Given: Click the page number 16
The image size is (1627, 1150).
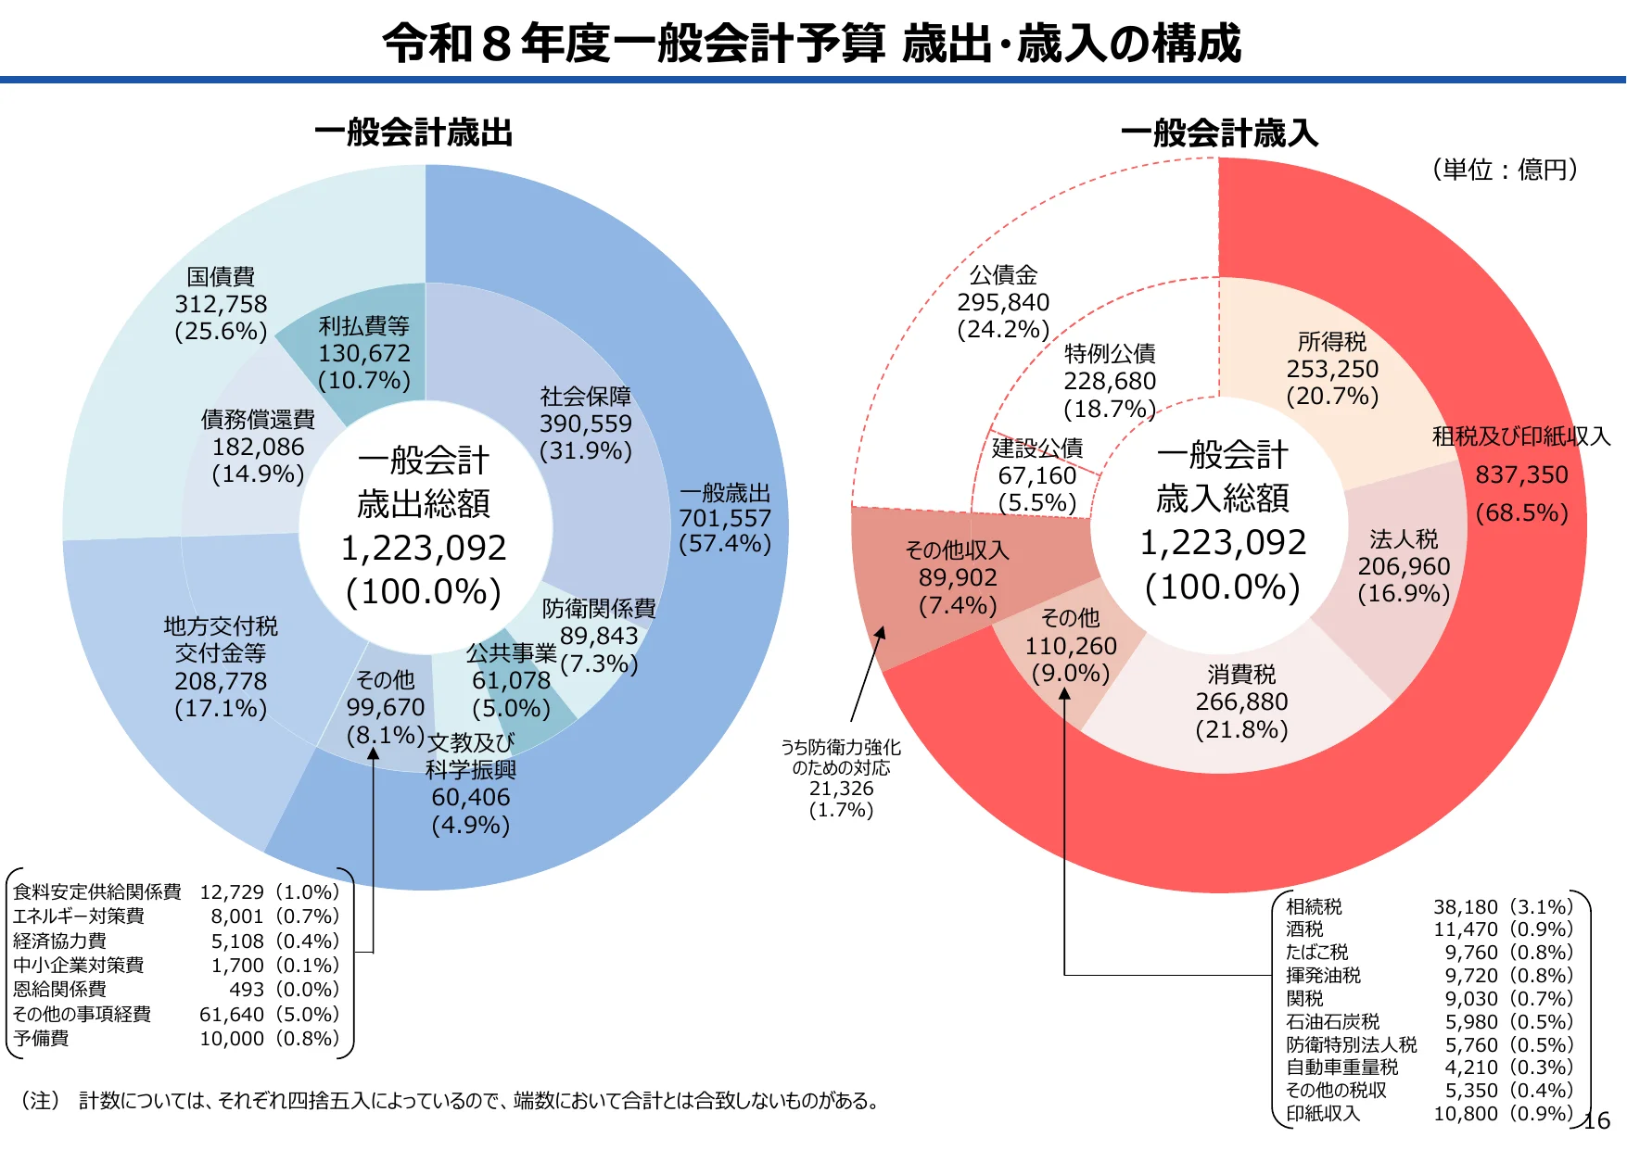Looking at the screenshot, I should tap(1597, 1121).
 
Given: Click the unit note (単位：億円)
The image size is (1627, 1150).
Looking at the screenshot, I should tap(1505, 170).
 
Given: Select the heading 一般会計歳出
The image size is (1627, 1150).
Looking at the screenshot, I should tap(413, 133).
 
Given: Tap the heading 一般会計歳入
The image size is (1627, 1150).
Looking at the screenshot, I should tap(1219, 133).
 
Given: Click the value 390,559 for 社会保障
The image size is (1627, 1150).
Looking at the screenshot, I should tap(586, 423).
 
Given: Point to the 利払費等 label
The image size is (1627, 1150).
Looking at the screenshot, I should tap(364, 326).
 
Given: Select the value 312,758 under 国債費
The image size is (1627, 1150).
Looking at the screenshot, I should tap(221, 304).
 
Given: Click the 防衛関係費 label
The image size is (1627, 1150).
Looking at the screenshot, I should tap(599, 609).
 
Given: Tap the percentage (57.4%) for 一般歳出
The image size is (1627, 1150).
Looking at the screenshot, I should tap(725, 544).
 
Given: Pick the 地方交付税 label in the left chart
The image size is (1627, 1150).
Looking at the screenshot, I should tap(221, 626).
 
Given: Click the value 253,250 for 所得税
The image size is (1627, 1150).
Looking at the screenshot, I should tap(1332, 369).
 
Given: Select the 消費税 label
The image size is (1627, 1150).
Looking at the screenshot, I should tap(1241, 675).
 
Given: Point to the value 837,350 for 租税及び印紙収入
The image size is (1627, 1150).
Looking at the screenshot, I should tap(1521, 475).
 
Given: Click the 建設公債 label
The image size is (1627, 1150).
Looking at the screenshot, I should tap(1037, 449).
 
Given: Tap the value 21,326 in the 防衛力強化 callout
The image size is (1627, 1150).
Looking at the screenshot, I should tap(841, 789).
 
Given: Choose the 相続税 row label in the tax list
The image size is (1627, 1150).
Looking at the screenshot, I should tap(1314, 906).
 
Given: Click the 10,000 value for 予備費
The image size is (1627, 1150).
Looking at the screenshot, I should tap(232, 1039).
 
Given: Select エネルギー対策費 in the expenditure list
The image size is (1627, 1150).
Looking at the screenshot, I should tap(79, 916).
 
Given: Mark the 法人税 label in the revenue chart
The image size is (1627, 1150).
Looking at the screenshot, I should tap(1404, 539).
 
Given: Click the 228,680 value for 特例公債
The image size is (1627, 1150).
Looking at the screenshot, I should tap(1110, 382).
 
